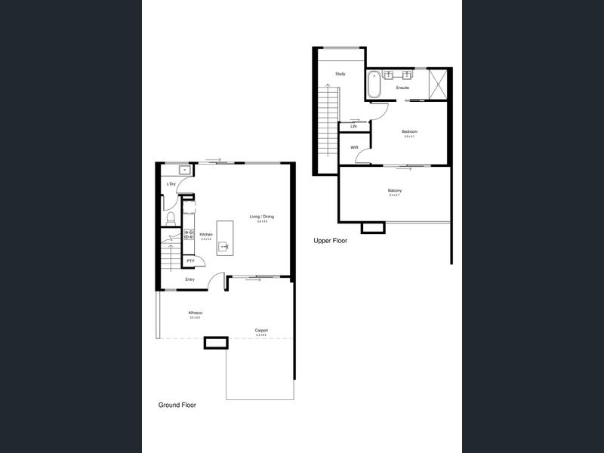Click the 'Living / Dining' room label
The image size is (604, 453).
(x=262, y=217)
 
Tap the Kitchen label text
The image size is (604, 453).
(x=206, y=235)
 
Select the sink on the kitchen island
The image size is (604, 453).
(x=224, y=245)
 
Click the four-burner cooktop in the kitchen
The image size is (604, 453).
(x=190, y=236)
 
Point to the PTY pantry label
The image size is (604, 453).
(x=190, y=261)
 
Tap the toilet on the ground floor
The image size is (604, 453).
(x=171, y=218)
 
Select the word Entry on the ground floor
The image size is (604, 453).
(x=190, y=279)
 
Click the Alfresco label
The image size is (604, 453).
(x=195, y=313)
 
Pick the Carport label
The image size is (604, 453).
(x=261, y=330)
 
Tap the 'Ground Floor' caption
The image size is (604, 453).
(x=177, y=405)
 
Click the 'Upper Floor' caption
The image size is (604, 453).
(x=330, y=240)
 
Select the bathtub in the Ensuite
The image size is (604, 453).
(x=373, y=85)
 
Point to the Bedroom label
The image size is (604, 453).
(x=409, y=131)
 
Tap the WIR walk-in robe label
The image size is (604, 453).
(x=354, y=147)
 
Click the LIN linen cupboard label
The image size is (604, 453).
(x=353, y=126)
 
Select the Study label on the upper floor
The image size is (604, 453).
(x=341, y=73)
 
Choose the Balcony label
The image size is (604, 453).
(x=394, y=190)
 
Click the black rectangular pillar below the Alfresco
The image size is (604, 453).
(x=216, y=343)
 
